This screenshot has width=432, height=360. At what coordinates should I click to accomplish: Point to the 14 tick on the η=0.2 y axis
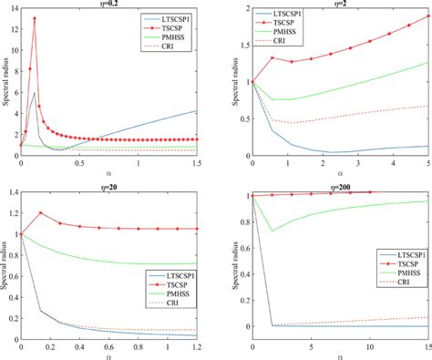(13, 8)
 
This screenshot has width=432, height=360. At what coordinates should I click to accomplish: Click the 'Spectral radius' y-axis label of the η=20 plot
(5, 265)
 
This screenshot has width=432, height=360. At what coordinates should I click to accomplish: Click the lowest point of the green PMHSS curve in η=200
(273, 231)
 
